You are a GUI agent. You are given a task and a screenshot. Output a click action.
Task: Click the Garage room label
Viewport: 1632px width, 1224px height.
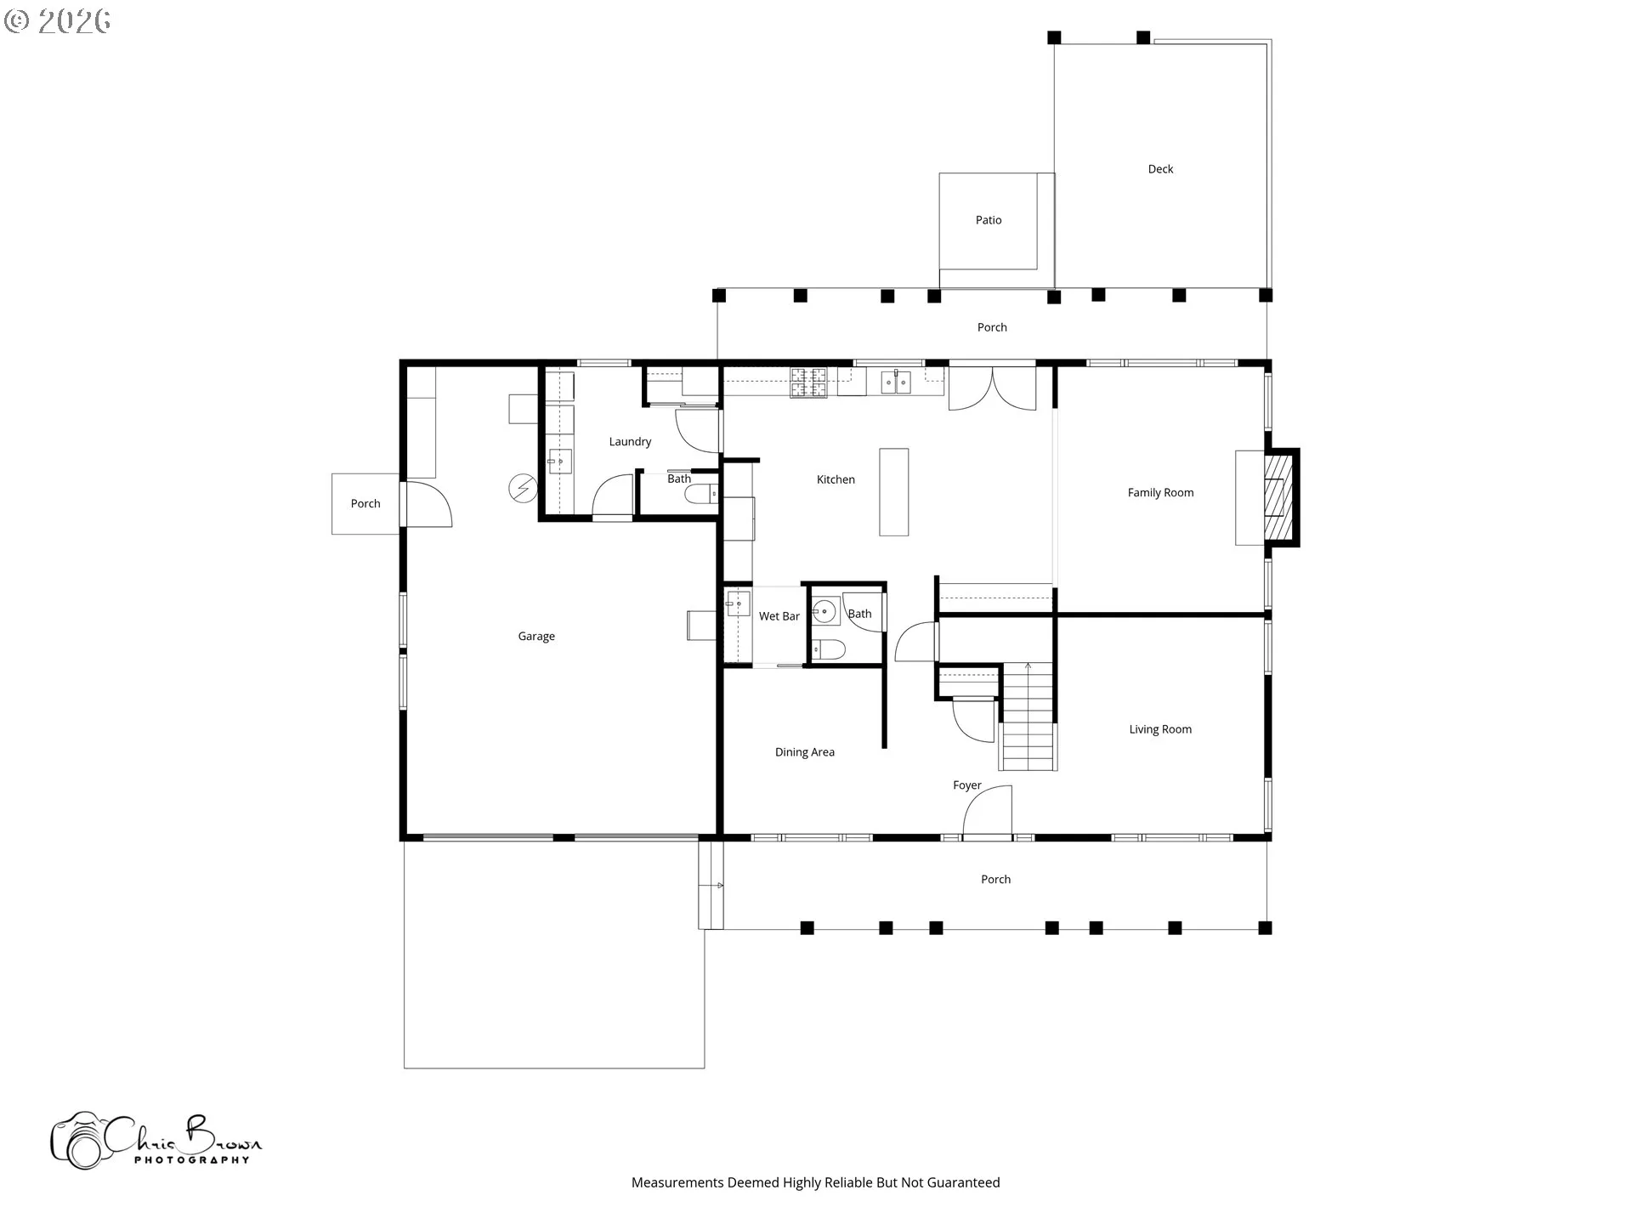(536, 637)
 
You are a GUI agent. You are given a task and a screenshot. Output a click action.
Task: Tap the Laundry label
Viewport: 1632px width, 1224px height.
(630, 442)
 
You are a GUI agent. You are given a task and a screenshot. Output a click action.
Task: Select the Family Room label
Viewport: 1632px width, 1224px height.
(1160, 493)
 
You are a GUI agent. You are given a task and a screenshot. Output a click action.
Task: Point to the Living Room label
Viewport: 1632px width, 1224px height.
(1160, 729)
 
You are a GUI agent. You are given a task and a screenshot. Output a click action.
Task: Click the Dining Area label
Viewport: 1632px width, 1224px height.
(805, 752)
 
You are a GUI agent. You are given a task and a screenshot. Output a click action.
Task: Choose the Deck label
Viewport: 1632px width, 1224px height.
(1160, 169)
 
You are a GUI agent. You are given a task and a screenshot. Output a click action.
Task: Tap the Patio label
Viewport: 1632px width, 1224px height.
(989, 220)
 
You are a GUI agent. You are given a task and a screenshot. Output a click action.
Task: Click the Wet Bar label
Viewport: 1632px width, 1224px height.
(779, 616)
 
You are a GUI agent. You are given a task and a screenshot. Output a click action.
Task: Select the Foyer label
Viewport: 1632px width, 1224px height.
(967, 785)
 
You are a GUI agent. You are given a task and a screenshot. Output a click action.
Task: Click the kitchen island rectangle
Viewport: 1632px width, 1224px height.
(893, 492)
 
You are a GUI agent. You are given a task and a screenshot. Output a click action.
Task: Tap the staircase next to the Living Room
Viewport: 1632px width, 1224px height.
(1028, 716)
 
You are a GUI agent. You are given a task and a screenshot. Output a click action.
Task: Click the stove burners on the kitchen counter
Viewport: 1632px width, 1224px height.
(808, 382)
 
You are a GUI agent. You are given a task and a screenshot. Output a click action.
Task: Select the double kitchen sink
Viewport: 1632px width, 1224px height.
(895, 382)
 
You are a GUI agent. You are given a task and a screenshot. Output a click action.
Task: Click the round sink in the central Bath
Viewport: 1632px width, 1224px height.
(824, 611)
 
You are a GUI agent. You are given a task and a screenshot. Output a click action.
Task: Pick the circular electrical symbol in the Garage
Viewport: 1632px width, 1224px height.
(523, 489)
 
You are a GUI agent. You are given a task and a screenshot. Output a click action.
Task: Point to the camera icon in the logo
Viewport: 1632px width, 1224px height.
(79, 1142)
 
